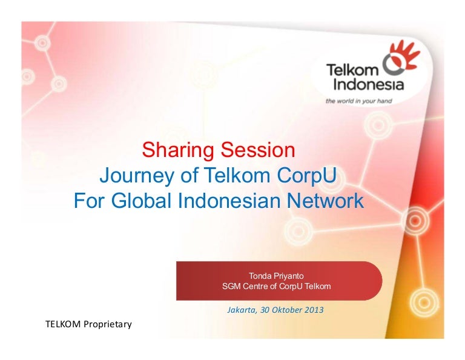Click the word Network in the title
coord(327,201)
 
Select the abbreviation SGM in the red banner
coord(232,286)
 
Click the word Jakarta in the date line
coord(241,310)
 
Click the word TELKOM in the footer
coord(63,325)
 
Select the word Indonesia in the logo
coord(359,83)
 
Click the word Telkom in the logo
coord(349,69)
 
